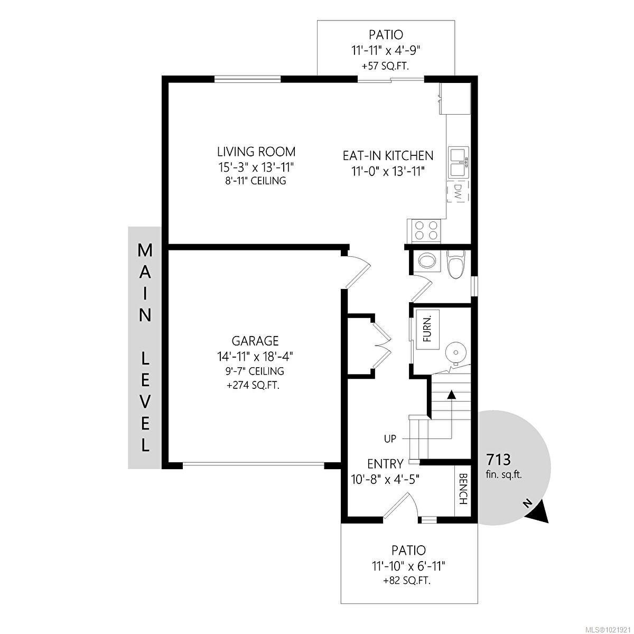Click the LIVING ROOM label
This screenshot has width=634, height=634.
pyautogui.click(x=256, y=152)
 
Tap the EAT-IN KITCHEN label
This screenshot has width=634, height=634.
pyautogui.click(x=388, y=156)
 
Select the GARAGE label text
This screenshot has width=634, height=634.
pyautogui.click(x=255, y=341)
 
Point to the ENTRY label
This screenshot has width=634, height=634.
pyautogui.click(x=385, y=464)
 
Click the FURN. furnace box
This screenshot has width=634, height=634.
pyautogui.click(x=428, y=329)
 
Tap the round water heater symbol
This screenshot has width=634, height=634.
pyautogui.click(x=455, y=352)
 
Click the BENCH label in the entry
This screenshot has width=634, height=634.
pyautogui.click(x=463, y=489)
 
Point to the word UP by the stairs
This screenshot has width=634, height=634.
pyautogui.click(x=390, y=439)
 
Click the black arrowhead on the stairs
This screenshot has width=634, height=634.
pyautogui.click(x=452, y=395)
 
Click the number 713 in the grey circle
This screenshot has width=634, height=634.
pyautogui.click(x=498, y=459)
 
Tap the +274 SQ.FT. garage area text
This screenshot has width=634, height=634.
pyautogui.click(x=254, y=386)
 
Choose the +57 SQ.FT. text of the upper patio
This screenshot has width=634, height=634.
pyautogui.click(x=386, y=67)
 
